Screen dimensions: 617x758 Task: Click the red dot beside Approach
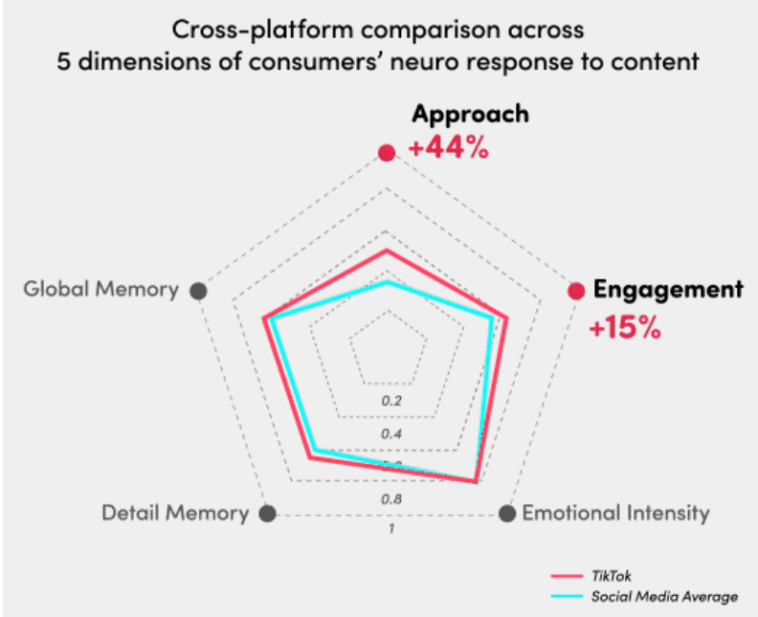[x=386, y=153]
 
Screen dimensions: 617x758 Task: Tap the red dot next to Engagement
[x=576, y=292]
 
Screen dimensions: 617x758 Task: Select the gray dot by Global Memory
[x=199, y=291]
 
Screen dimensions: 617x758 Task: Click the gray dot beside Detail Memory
[x=268, y=514]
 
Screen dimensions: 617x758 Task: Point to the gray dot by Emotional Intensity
[x=506, y=514]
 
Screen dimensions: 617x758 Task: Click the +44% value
[x=449, y=150]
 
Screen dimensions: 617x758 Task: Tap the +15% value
[x=624, y=328]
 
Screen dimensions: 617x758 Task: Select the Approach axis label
[x=470, y=114]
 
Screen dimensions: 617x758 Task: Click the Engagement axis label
[x=668, y=290]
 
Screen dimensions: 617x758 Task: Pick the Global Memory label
[x=101, y=290]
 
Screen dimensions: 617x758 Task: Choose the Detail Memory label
[x=174, y=514]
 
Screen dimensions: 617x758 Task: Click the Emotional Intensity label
[x=615, y=514]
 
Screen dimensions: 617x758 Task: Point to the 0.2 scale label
[x=391, y=401]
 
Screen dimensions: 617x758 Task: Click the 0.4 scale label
[x=391, y=434]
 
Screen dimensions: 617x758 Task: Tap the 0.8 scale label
[x=391, y=499]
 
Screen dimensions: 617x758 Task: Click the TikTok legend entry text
[x=611, y=576]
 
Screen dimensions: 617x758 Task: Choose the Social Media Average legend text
[x=664, y=597]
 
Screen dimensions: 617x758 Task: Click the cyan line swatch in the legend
[x=567, y=597]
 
